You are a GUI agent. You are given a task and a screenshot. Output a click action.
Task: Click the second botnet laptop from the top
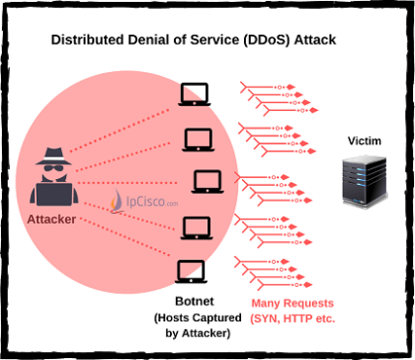(195, 138)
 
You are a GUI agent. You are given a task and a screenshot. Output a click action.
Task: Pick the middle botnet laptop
(205, 182)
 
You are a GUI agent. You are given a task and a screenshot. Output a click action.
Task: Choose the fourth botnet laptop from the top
(195, 225)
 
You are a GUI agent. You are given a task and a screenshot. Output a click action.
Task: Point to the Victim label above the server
(363, 141)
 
